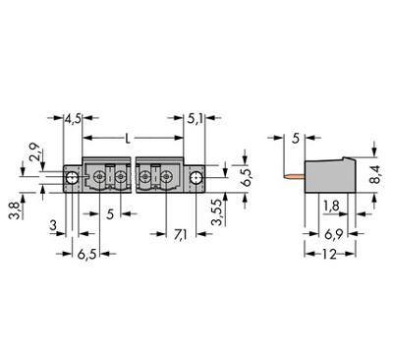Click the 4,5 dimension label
click(73, 123)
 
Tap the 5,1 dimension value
click(196, 123)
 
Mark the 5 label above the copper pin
click(296, 139)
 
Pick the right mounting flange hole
click(197, 178)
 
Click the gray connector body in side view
click(329, 174)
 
